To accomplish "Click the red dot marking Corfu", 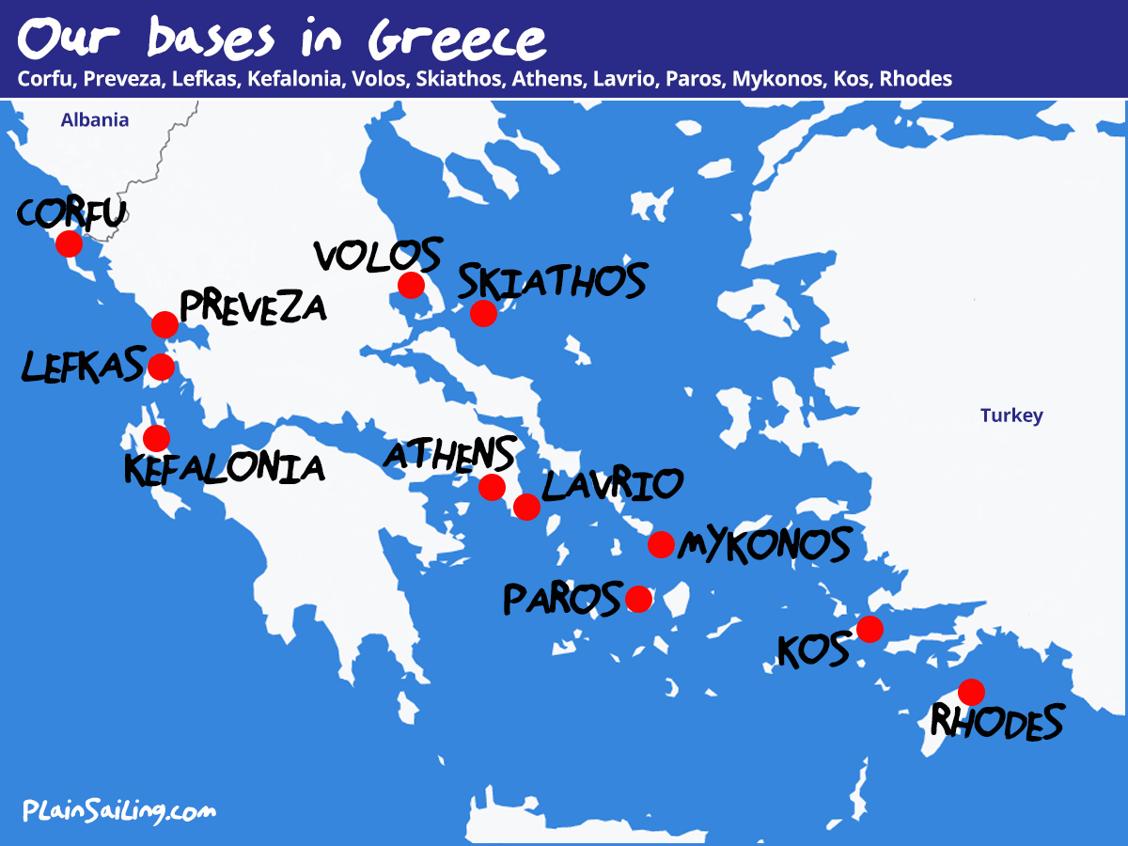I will click(68, 243).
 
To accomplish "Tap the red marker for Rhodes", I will click(971, 693).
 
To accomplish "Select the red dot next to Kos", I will click(869, 629).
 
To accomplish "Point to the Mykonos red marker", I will click(661, 544).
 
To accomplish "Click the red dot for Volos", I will click(411, 285).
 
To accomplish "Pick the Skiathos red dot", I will click(483, 313).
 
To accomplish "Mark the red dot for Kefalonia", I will click(156, 437).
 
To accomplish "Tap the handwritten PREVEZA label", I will click(253, 307).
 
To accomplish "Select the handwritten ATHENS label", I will click(449, 454).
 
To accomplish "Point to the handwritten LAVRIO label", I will click(612, 485).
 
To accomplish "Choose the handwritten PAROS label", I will click(562, 599).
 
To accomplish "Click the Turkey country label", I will click(1011, 415).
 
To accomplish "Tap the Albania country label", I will click(94, 119).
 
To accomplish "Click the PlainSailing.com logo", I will click(119, 810).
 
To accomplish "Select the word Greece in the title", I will click(458, 39).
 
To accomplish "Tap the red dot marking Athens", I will click(492, 487).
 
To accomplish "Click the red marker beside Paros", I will click(638, 599).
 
